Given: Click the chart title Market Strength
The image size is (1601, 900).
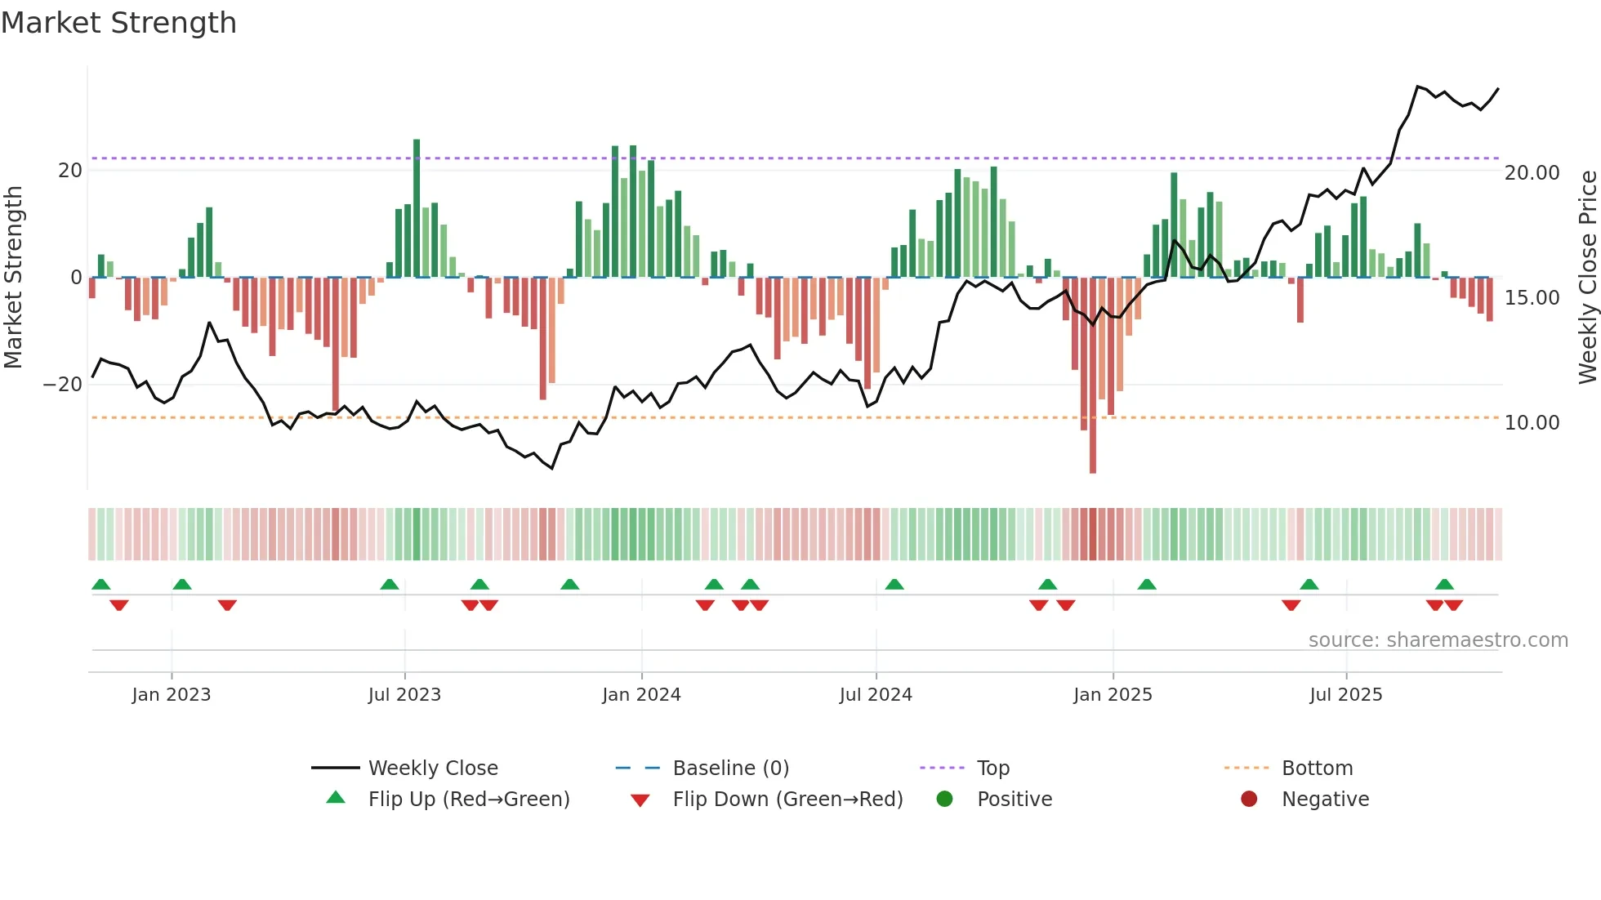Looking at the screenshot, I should pos(118,23).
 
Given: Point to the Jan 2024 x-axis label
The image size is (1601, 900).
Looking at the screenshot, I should pos(641,694).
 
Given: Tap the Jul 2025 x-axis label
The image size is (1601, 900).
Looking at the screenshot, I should pos(1345,694).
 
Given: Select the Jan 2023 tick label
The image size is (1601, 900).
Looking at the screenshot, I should pos(172,694).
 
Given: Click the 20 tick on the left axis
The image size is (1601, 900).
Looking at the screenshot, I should pos(70,171).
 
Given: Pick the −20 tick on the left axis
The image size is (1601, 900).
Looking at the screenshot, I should pos(63,384).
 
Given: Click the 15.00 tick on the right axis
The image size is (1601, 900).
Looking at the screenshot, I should pos(1532,297).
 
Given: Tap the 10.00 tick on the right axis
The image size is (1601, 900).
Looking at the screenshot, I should pos(1532,422).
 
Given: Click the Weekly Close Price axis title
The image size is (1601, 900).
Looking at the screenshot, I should pos(1587,277).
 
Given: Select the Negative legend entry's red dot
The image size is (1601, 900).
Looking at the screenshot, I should pos(1249,799).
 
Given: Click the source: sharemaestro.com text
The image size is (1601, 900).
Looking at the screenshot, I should pos(1438,639).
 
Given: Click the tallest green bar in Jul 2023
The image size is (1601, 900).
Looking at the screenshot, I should pos(417,208).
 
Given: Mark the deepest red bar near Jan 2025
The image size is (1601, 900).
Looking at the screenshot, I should pos(1093,376).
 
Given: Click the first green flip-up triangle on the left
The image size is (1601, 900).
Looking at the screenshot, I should pos(101,584).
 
